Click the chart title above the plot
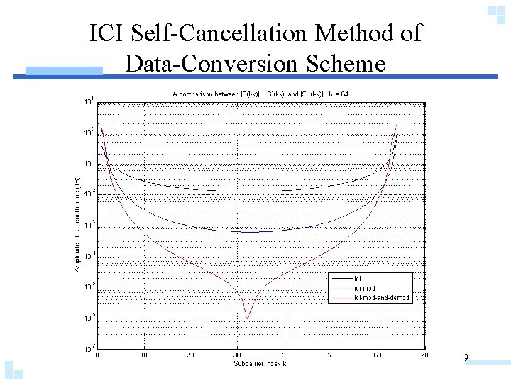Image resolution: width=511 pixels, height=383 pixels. point(260,94)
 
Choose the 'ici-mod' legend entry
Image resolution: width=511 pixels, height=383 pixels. point(363,289)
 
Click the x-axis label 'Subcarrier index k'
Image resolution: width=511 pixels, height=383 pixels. point(260,363)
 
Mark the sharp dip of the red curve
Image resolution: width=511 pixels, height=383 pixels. point(247,318)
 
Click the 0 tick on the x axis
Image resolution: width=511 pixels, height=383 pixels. point(97,355)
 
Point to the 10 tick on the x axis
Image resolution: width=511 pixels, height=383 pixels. point(144,355)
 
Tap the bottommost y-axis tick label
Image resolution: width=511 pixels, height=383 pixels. point(88,348)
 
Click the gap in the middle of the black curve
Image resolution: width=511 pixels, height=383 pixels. point(247,191)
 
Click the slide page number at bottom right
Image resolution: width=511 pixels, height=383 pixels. point(465,357)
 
